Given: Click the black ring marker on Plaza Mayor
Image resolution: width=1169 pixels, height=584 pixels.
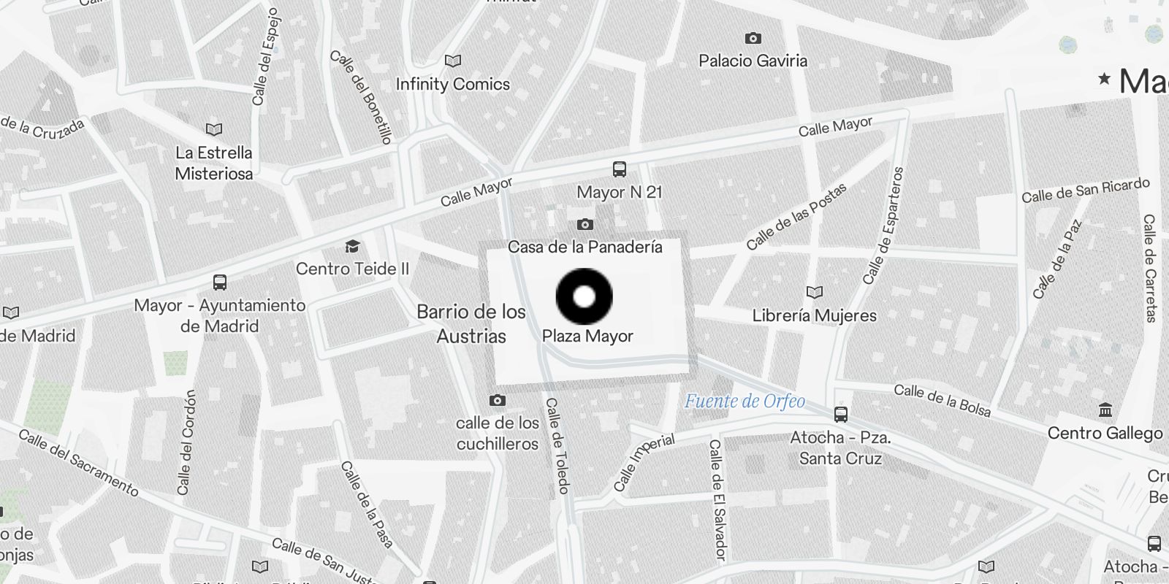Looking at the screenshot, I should coord(584,296).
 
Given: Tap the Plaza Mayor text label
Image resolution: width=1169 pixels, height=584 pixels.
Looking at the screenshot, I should coord(587,337).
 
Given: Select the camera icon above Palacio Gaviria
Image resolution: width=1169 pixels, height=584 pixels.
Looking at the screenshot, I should coord(753,38).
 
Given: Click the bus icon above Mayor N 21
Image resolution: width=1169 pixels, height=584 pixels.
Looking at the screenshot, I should coord(620,169).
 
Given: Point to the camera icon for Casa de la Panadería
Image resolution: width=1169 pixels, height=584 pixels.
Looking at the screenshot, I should coord(584,225).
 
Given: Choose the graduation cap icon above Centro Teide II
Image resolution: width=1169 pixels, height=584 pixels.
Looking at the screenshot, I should coord(352,247).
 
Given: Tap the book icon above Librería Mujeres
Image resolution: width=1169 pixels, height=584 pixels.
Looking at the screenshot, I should coord(815,293).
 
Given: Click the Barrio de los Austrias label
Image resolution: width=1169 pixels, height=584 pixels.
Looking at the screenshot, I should coord(471,324).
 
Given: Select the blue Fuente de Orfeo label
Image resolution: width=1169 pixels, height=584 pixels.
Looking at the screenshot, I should coord(745,401).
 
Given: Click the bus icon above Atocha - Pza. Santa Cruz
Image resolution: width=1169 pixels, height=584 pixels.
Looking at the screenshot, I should coord(841,415).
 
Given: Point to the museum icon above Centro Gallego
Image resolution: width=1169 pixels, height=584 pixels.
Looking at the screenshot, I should coord(1105,410).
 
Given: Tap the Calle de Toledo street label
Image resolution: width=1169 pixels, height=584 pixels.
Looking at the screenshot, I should coord(557,445).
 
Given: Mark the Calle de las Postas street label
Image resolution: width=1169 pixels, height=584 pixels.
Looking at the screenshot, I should coord(796,216).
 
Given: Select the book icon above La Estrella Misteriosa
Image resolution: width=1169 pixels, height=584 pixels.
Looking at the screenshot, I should coord(213,130).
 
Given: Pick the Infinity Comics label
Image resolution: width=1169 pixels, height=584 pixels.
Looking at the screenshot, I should coord(452,84).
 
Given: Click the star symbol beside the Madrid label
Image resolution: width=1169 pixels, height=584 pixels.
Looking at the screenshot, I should coord(1104,78).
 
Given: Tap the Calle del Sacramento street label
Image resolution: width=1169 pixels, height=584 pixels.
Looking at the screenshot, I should coord(78,463).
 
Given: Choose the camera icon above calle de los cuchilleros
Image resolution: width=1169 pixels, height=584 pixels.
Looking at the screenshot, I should coord(498,400).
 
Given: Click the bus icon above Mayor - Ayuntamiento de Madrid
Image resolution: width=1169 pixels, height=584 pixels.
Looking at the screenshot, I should coord(220,282).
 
